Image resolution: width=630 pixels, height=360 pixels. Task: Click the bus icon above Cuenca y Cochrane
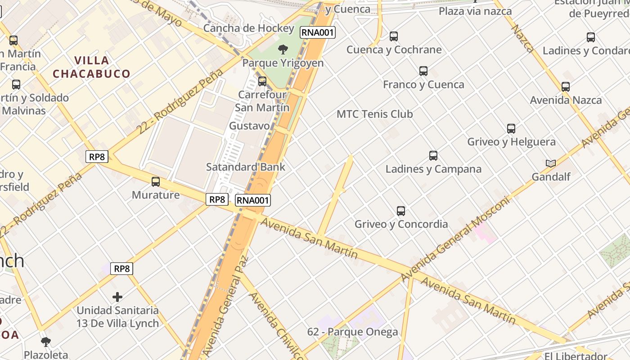(394, 36)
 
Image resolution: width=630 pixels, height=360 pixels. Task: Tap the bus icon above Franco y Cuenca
(423, 71)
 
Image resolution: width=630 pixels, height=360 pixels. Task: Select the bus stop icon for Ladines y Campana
(433, 156)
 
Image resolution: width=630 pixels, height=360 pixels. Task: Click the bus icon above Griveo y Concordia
(401, 211)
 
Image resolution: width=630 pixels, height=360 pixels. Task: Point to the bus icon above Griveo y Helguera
(511, 129)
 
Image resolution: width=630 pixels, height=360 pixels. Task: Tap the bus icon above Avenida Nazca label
(566, 87)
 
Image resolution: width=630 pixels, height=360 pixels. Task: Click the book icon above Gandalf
(551, 163)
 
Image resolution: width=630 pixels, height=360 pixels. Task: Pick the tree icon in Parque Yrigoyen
(283, 49)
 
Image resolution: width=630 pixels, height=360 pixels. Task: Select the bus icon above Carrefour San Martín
(262, 81)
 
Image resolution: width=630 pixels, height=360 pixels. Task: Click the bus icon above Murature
(156, 182)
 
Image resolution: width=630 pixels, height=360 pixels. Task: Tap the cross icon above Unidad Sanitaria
(117, 297)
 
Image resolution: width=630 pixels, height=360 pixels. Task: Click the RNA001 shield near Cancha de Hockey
(318, 32)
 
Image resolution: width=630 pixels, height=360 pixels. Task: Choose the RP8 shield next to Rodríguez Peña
(97, 157)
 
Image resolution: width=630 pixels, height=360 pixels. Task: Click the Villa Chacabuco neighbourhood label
(91, 67)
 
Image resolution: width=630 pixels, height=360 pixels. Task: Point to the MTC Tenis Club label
(374, 114)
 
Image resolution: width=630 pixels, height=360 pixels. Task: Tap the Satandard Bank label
(245, 167)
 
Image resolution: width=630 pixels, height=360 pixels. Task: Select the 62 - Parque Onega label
(352, 332)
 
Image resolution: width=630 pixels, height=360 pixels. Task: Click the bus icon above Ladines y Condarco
(591, 37)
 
